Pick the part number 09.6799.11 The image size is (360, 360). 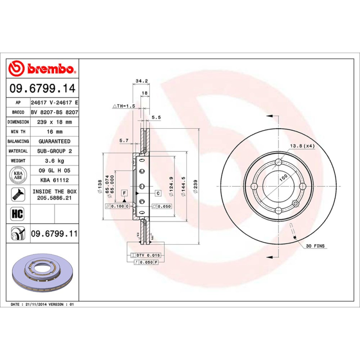tap(54, 234)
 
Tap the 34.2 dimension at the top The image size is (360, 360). tap(142, 81)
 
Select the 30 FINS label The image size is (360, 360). tap(315, 246)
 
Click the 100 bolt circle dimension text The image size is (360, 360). tap(283, 178)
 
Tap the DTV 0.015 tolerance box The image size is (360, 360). tap(147, 255)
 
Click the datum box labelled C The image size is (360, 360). tap(158, 193)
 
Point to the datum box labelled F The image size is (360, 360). tap(124, 193)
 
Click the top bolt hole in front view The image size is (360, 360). tap(278, 162)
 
